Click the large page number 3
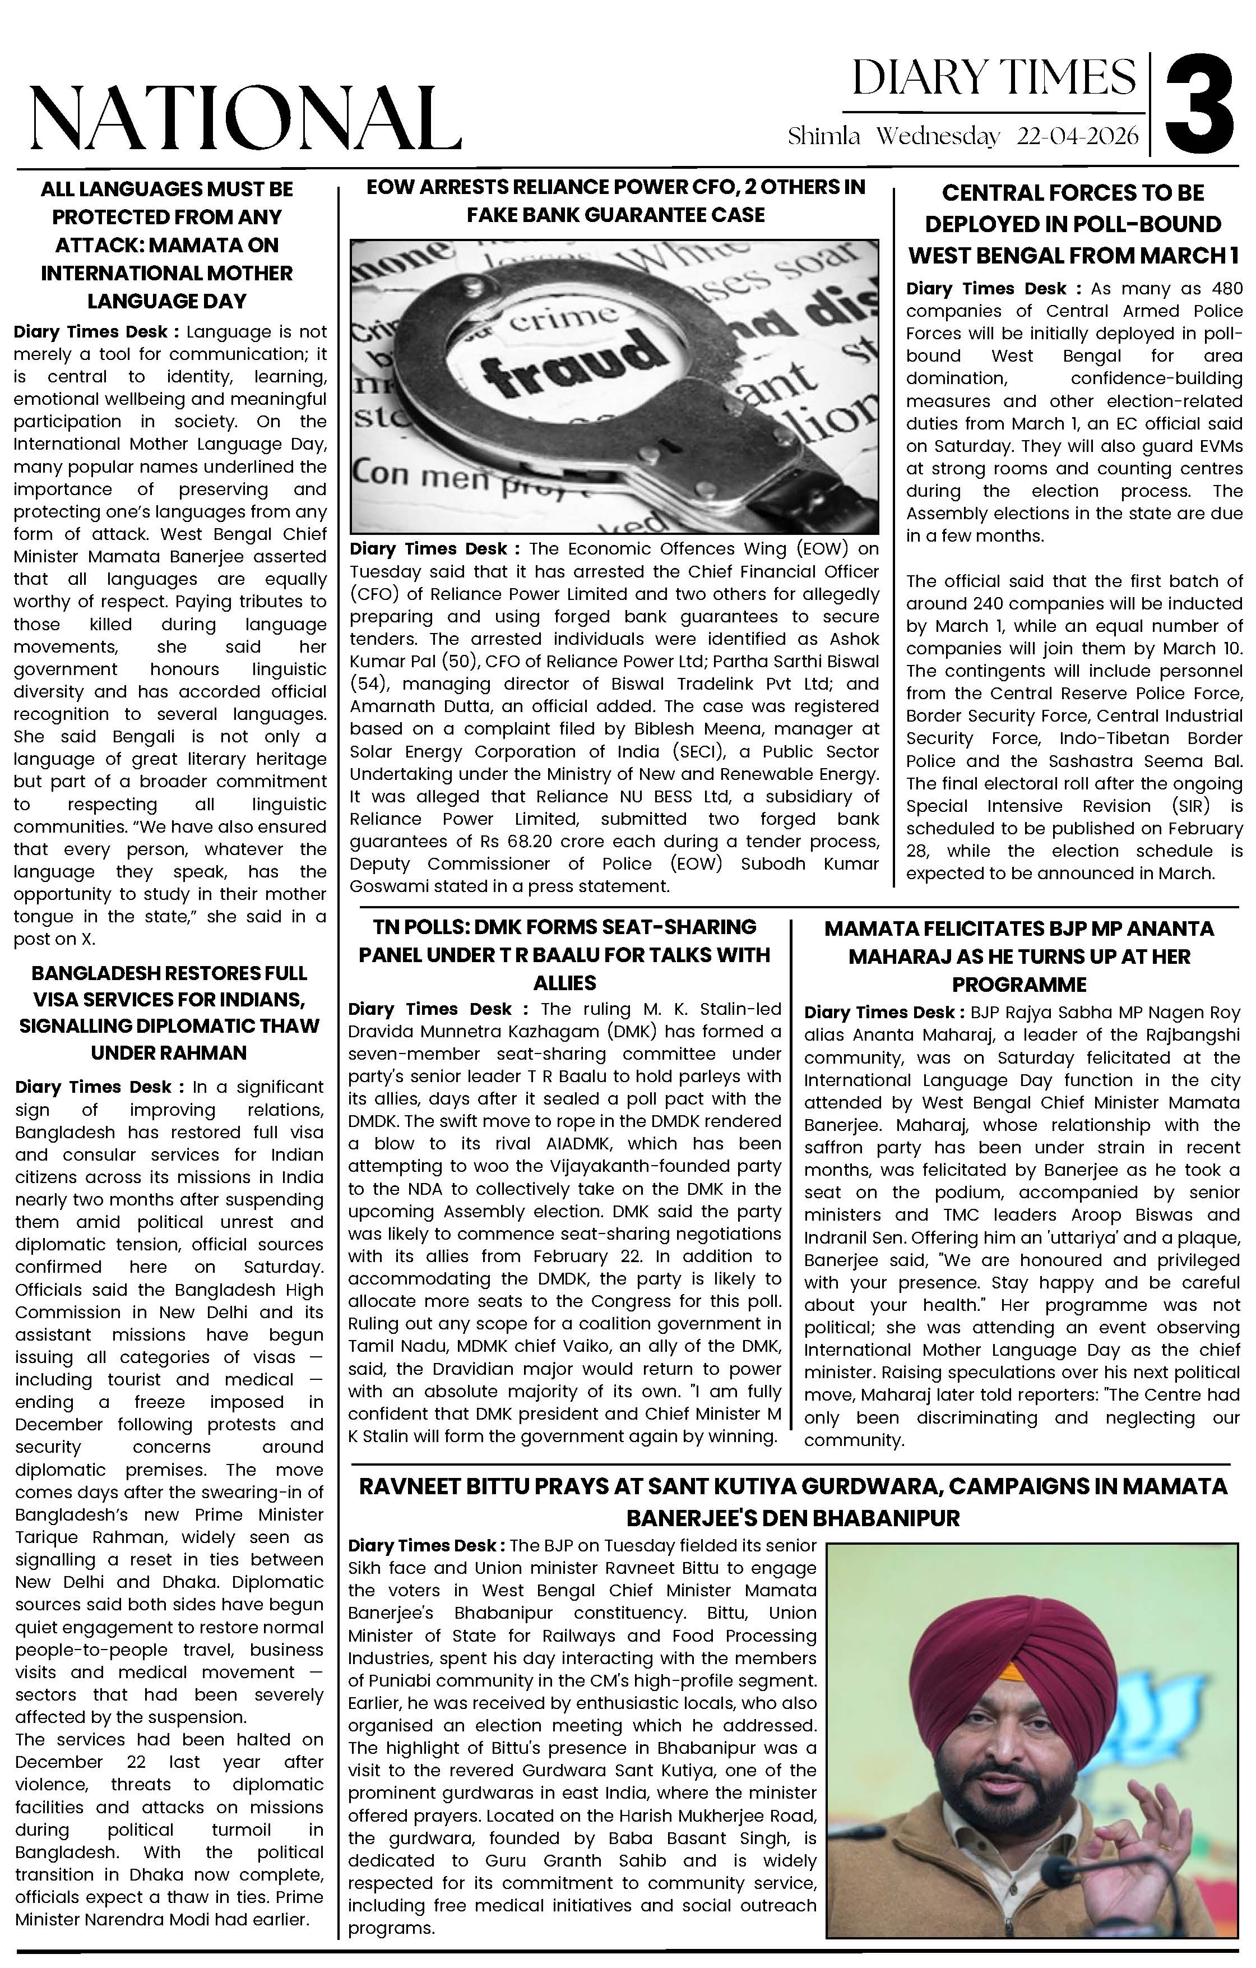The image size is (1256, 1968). (x=1199, y=102)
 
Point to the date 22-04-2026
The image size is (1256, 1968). (x=1077, y=136)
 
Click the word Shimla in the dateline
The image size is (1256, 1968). (x=824, y=136)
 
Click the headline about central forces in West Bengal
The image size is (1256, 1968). (x=1073, y=224)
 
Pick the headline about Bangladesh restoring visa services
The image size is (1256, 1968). (x=169, y=1012)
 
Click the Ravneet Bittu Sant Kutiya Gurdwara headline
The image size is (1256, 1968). (x=792, y=1502)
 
